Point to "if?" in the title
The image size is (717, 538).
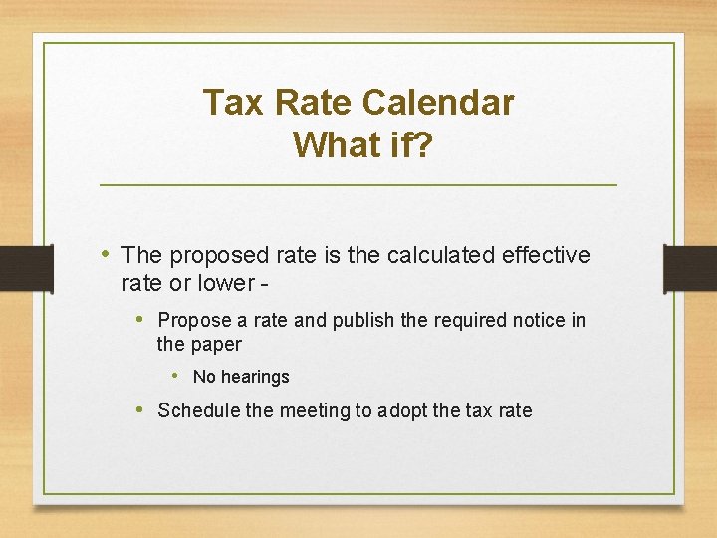point(410,144)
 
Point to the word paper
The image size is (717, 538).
point(215,345)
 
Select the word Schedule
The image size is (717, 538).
point(199,410)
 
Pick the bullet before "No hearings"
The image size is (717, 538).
point(175,376)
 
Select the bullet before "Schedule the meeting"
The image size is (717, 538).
point(142,409)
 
